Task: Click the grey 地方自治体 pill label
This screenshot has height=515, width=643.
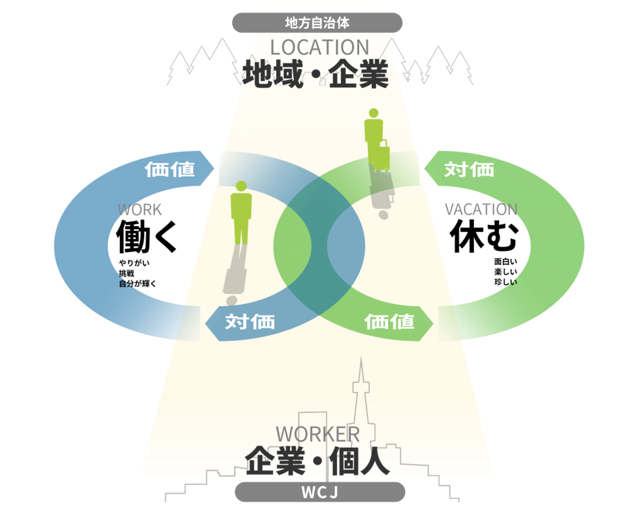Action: (x=317, y=23)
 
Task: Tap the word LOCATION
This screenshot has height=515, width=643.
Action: (x=320, y=47)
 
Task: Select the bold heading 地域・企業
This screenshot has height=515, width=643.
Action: (x=316, y=74)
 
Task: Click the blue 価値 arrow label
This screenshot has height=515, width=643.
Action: (x=170, y=169)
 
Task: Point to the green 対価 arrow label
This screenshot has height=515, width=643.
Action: (x=469, y=169)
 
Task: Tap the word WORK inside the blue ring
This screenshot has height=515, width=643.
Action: (x=140, y=210)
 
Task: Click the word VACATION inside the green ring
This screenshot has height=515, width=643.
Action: (x=480, y=209)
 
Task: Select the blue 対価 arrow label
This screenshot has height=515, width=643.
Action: (x=250, y=322)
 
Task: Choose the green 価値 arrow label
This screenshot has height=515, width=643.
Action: (x=389, y=322)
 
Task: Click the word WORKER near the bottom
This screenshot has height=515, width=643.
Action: (x=317, y=434)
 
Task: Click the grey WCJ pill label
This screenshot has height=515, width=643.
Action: (x=320, y=492)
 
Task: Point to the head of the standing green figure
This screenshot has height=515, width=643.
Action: (x=241, y=186)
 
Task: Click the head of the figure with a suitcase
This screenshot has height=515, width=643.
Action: (x=374, y=113)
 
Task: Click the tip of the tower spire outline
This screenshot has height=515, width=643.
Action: (x=361, y=358)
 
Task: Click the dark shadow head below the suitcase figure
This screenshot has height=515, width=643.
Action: (x=383, y=215)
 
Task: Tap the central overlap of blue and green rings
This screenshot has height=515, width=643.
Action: (x=319, y=246)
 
